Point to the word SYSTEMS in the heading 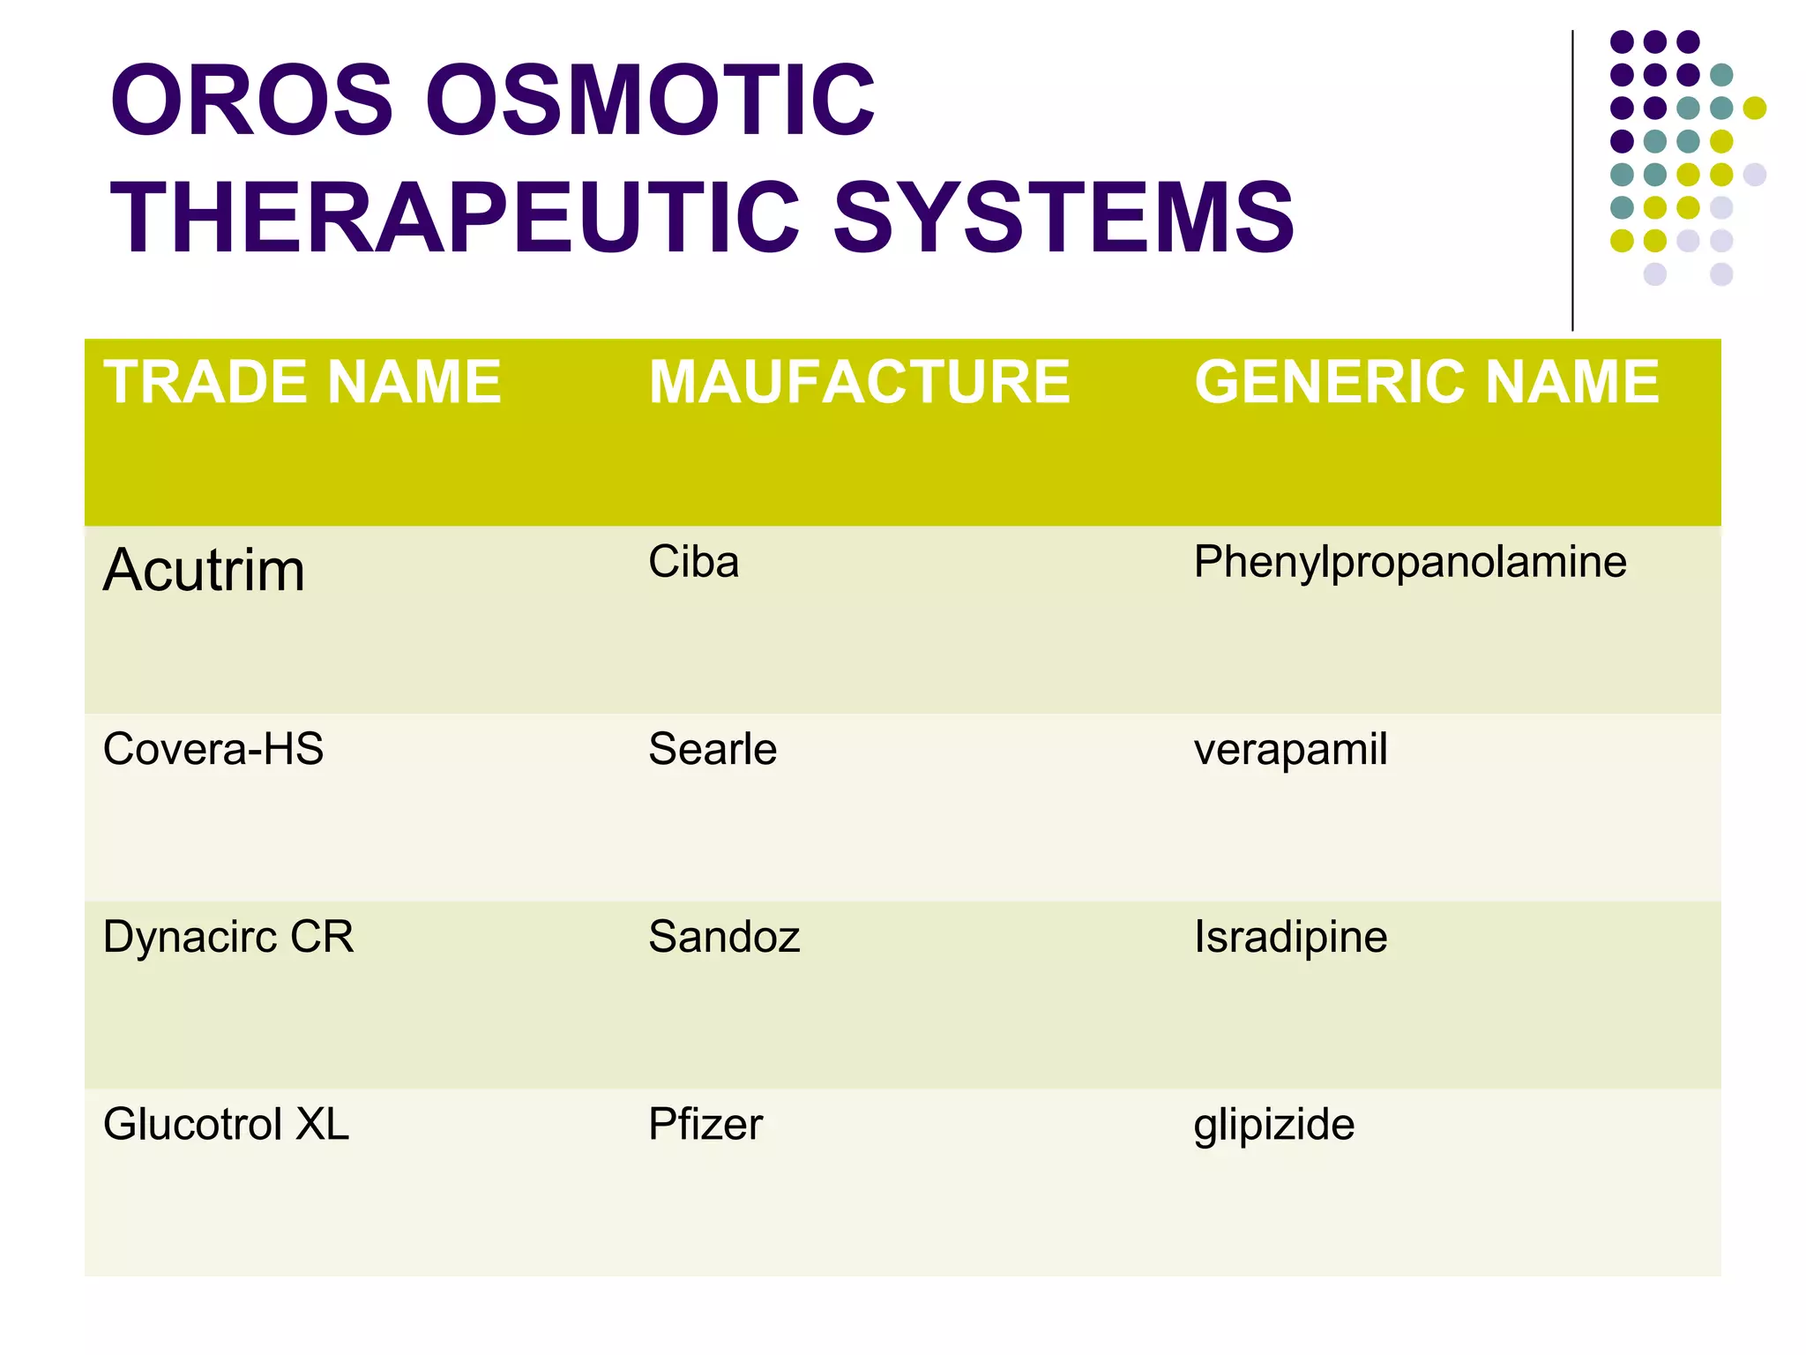click(1063, 217)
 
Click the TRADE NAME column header click(302, 382)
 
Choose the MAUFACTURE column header click(859, 382)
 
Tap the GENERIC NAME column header click(1426, 382)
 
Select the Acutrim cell click(204, 570)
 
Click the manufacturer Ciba click(693, 562)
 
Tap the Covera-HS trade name click(213, 749)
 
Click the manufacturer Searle click(712, 749)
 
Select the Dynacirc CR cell click(228, 937)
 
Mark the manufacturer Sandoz click(724, 937)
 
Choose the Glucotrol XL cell click(226, 1124)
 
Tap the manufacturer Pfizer click(705, 1124)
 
